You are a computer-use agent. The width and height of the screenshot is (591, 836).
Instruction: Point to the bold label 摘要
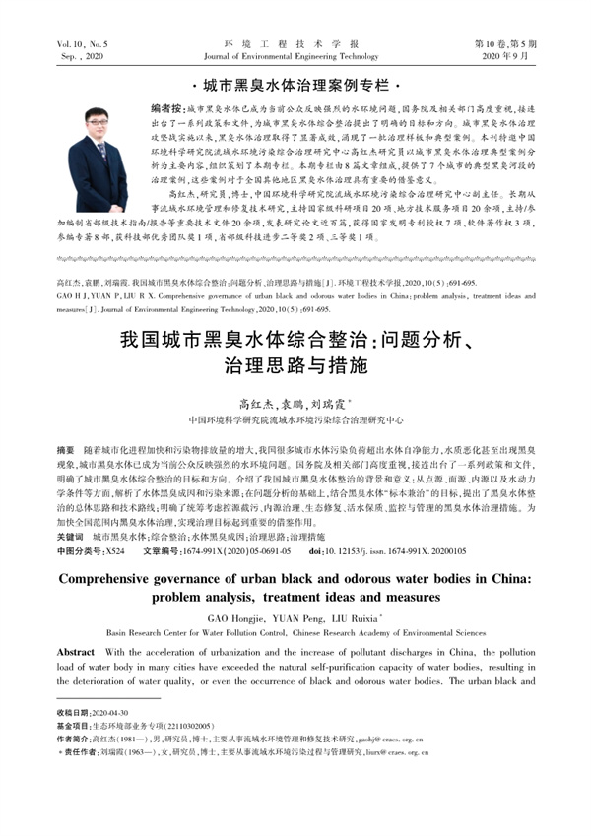click(x=70, y=448)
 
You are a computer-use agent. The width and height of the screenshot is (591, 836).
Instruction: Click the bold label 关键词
click(x=73, y=538)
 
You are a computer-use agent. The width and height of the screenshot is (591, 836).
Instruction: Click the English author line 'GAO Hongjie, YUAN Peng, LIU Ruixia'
click(x=295, y=617)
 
